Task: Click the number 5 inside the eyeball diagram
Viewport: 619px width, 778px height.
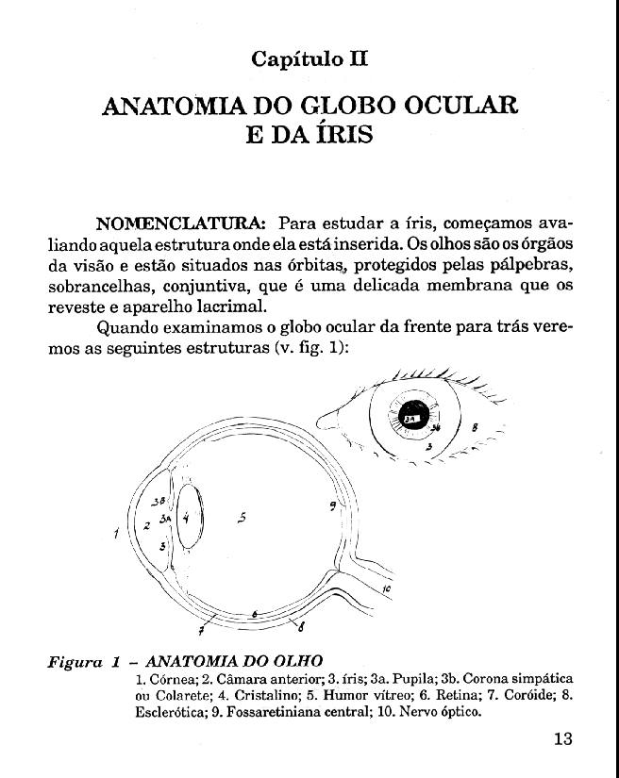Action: pyautogui.click(x=243, y=517)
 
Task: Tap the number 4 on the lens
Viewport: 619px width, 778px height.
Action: pyautogui.click(x=186, y=517)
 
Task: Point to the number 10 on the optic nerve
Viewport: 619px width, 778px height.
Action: pyautogui.click(x=388, y=589)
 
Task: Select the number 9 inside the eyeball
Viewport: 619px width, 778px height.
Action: pyautogui.click(x=333, y=506)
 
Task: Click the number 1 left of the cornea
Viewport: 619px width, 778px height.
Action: pyautogui.click(x=115, y=535)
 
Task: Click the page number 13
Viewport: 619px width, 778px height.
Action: pyautogui.click(x=562, y=738)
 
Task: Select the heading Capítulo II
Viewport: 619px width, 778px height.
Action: pyautogui.click(x=309, y=58)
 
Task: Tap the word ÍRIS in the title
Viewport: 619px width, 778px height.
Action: pyautogui.click(x=343, y=135)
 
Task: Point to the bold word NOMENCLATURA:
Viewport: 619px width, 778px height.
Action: pyautogui.click(x=180, y=224)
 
